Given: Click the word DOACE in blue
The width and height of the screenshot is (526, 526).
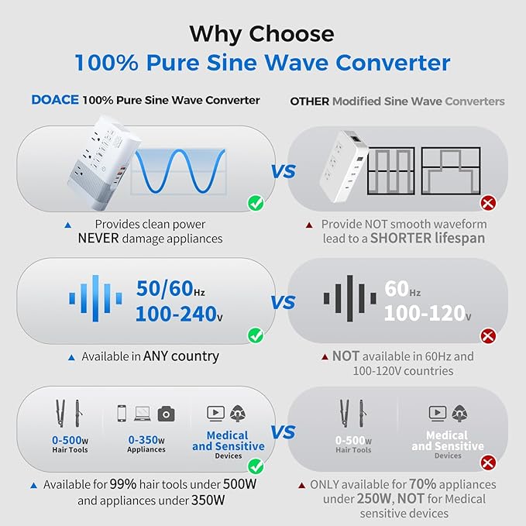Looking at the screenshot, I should tap(54, 101).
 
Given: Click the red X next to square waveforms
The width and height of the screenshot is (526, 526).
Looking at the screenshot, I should tap(488, 204).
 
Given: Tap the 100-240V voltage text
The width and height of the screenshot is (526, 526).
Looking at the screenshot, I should tap(179, 315).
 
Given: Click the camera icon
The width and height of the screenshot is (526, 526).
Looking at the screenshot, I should tap(166, 414).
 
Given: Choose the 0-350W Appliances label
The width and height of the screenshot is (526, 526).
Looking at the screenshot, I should tap(146, 443).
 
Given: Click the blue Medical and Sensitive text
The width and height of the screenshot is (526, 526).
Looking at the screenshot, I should tap(229, 441).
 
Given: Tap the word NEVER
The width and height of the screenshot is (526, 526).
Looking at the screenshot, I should tap(98, 239).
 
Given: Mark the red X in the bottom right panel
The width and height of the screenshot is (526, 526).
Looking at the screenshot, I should tap(488, 463).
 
